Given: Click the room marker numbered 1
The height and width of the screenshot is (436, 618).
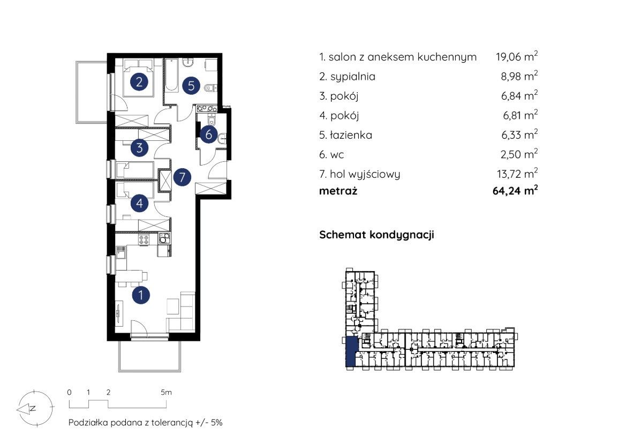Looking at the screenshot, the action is [141, 295].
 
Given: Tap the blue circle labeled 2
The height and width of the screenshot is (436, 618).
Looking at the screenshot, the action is [139, 82].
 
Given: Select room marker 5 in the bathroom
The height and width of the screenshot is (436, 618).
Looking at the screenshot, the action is [191, 86].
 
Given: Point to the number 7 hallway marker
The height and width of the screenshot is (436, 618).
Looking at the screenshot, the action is [182, 177].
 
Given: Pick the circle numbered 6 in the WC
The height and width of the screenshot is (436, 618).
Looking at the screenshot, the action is [208, 135].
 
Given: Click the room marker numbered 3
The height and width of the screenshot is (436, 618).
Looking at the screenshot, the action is [139, 148].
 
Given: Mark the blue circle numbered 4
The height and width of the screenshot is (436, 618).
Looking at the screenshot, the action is [139, 204].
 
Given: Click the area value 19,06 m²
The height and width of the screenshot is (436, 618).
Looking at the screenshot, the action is [517, 56].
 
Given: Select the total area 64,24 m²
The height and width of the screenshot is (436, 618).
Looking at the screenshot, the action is [515, 190].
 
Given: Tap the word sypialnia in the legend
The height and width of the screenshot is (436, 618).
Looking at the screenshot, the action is [353, 77].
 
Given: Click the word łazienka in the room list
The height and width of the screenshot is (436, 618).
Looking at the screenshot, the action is [351, 135].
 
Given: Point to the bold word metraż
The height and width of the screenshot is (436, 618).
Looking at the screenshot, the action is [338, 191].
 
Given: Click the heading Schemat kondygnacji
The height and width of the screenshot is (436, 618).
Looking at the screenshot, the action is [376, 235].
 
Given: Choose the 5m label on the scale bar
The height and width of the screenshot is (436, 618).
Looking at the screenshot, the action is [167, 392].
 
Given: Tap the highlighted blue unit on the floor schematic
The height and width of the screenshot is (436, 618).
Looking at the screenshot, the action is [350, 351].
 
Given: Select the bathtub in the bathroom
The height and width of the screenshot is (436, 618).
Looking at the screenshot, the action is [171, 76].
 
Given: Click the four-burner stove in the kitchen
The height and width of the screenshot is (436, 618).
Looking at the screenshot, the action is [144, 239].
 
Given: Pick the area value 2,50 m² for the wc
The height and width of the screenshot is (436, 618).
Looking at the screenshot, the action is [519, 154].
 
